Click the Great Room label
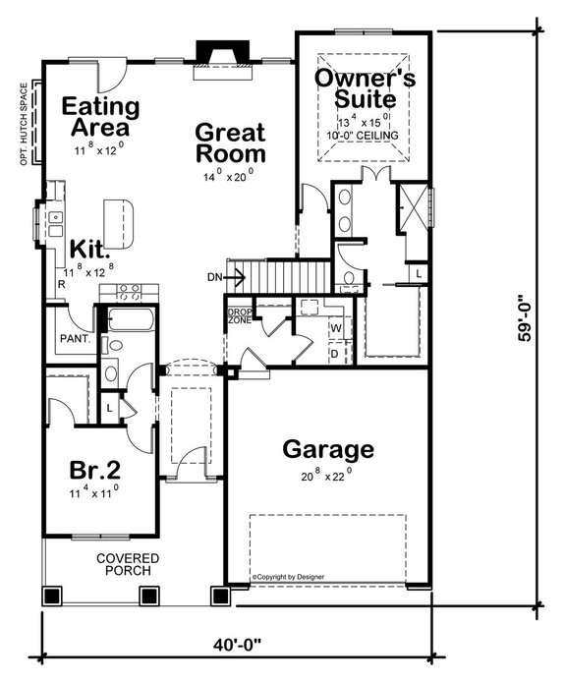pos(230,142)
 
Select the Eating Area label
pos(101,116)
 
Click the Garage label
pos(328,450)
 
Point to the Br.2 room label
pos(94,468)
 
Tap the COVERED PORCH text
pos(128,564)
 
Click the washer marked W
pos(335,327)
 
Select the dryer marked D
pos(335,352)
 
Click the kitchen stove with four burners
pos(129,290)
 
